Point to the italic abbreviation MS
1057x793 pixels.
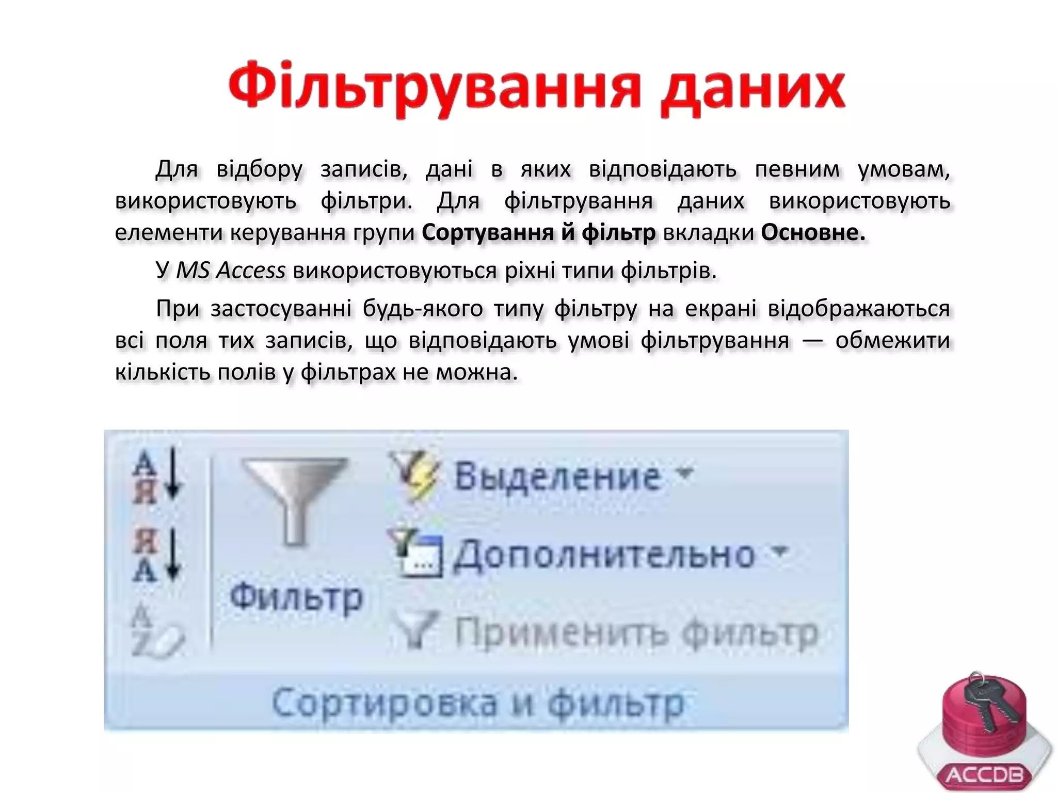[x=193, y=271]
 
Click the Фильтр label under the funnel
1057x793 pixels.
[x=297, y=598]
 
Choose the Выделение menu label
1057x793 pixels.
[x=557, y=476]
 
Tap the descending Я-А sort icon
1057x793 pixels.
[x=157, y=556]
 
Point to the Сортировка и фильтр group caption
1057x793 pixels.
[x=477, y=703]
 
